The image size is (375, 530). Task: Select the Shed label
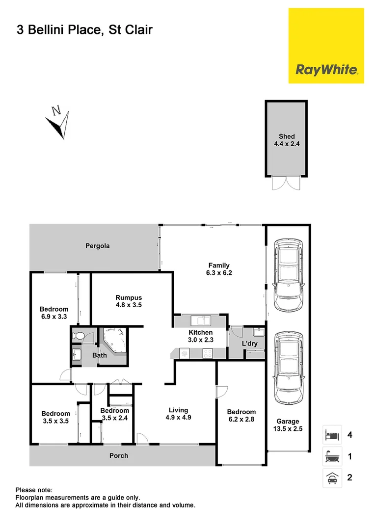tap(287, 136)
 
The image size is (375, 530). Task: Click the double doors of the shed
tap(287, 183)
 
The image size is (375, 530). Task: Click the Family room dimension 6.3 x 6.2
tap(218, 273)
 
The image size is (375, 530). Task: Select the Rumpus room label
tap(129, 297)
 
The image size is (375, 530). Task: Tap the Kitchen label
tap(201, 332)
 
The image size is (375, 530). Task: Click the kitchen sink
tap(202, 321)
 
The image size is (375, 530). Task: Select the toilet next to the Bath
tap(78, 337)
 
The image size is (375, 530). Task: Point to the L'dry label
tap(250, 344)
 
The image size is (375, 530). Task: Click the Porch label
tap(119, 455)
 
